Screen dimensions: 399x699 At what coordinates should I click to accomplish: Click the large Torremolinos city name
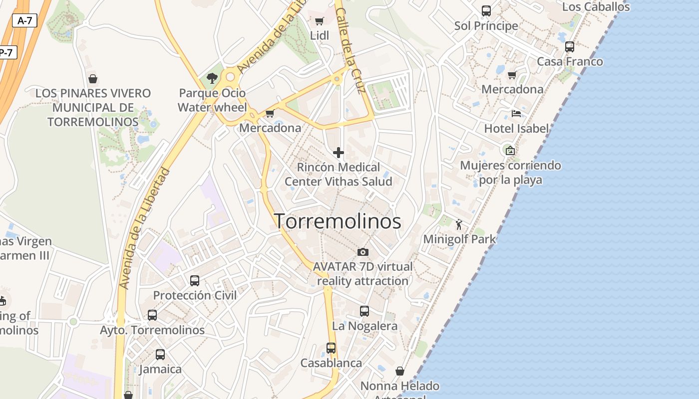338,221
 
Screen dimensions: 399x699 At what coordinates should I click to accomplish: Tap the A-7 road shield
24,20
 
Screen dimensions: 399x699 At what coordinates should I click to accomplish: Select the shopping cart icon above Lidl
320,21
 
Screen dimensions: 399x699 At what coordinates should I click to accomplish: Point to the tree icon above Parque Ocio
212,78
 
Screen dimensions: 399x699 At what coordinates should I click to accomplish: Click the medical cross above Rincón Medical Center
339,152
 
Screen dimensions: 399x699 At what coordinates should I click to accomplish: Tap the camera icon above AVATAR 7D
363,252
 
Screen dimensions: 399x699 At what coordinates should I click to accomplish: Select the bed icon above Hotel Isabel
516,114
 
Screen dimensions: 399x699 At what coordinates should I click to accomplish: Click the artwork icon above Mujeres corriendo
510,150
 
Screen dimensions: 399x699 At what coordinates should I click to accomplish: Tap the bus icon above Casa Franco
570,47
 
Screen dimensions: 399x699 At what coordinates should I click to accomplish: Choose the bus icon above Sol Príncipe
486,10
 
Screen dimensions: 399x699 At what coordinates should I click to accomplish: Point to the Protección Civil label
195,295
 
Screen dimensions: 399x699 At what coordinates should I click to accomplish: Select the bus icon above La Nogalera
364,311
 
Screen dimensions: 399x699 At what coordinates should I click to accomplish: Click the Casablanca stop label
331,363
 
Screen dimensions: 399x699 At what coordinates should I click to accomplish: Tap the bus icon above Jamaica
160,355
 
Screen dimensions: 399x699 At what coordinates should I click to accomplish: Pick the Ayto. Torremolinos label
152,330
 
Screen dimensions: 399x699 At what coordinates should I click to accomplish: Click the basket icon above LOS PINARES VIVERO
92,79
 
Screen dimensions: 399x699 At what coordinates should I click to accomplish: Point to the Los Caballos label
596,7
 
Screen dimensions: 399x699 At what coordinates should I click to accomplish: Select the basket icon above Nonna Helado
399,371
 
